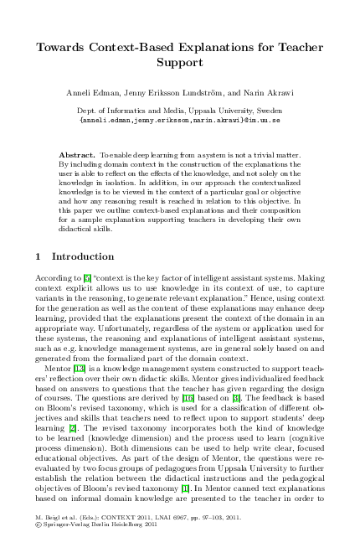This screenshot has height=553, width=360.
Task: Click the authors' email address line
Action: pyautogui.click(x=179, y=119)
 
